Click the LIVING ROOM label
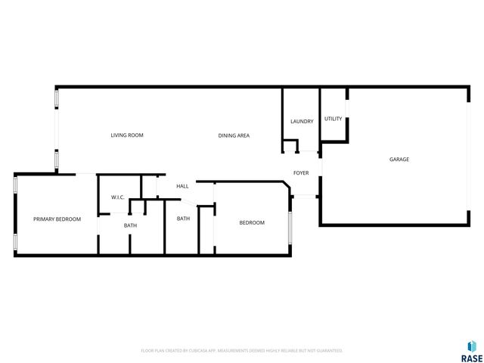127,135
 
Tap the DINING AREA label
234,135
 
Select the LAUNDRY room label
302,121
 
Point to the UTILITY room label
333,119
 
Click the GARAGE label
399,160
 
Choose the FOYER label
301,173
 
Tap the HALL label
182,186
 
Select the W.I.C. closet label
118,197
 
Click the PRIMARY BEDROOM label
57,219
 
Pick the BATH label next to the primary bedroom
130,225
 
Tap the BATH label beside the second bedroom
183,219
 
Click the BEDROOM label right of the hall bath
252,222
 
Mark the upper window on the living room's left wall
55,100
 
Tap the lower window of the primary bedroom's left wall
15,242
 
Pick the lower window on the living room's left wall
55,160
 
